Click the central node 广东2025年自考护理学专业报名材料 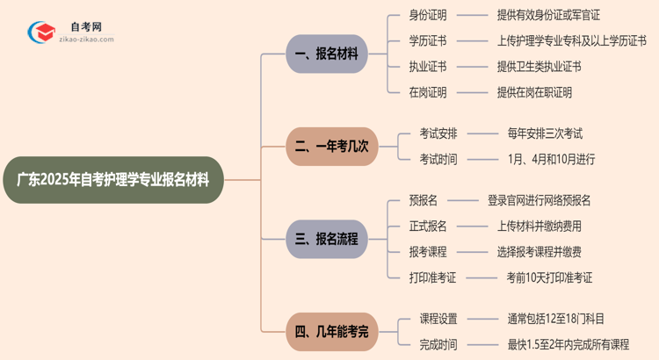pos(119,180)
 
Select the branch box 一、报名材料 pos(326,54)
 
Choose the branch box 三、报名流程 pos(326,239)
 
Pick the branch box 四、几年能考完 pos(332,331)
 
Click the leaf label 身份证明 pos(428,15)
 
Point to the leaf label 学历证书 pos(428,40)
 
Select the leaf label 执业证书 pos(428,66)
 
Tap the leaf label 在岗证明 pos(428,91)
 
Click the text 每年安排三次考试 pos(545,133)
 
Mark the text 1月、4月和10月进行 pos(551,159)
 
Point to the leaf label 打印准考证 pos(433,277)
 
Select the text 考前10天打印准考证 pos(549,277)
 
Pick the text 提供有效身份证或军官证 pos(548,15)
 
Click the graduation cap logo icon pos(40,32)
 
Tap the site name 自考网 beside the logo pos(85,26)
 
